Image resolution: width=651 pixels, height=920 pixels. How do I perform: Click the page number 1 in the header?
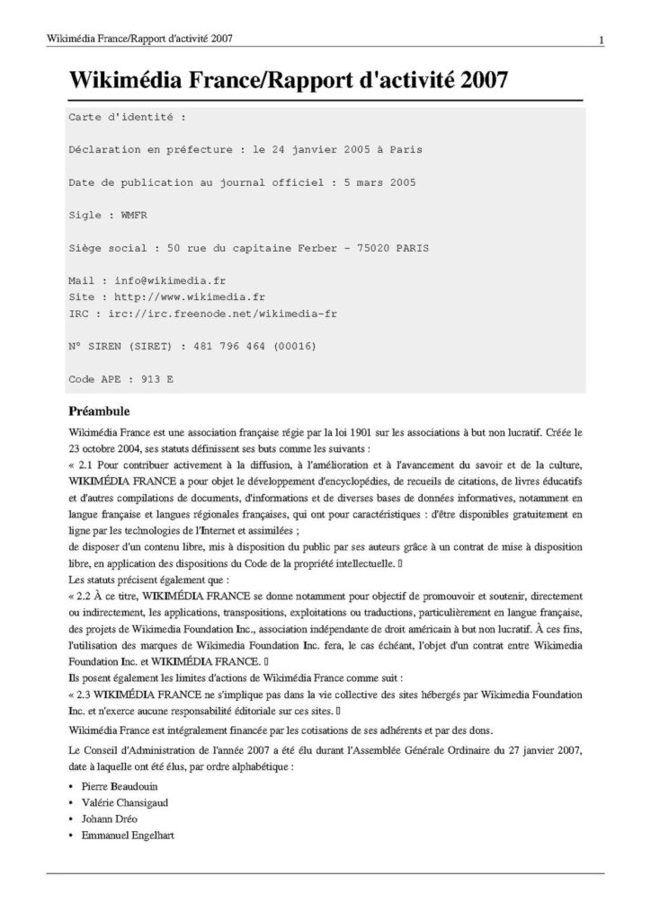pyautogui.click(x=600, y=40)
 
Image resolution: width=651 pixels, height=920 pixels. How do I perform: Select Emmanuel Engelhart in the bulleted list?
pyautogui.click(x=126, y=836)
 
